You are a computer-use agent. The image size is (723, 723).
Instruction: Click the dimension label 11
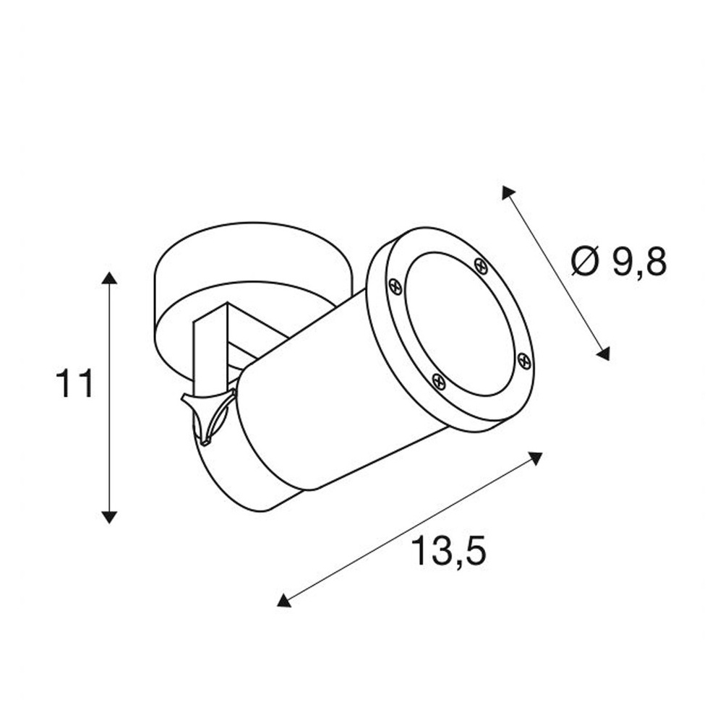(x=74, y=383)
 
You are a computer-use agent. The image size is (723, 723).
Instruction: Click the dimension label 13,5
(x=448, y=550)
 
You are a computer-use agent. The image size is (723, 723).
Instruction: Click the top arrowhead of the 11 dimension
(x=109, y=278)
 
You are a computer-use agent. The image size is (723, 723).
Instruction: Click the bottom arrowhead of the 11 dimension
(x=109, y=517)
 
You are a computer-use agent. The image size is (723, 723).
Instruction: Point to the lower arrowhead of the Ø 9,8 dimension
(x=604, y=354)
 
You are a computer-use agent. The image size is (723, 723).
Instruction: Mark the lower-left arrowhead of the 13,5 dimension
(x=283, y=599)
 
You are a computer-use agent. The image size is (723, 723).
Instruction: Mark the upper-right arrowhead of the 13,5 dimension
(x=535, y=458)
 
